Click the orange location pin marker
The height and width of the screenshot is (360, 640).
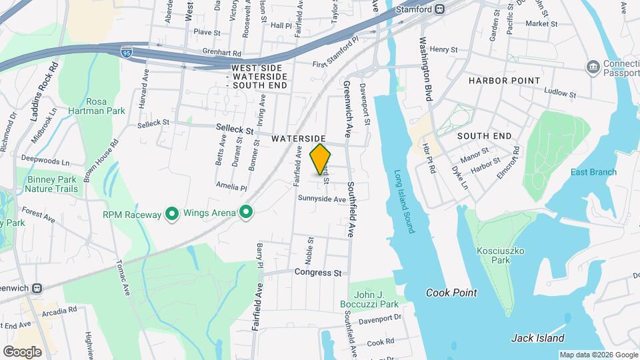tap(321, 159)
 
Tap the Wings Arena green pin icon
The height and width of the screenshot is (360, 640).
tap(247, 213)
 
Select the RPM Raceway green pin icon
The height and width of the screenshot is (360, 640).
tap(172, 214)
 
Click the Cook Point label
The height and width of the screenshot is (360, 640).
tap(451, 293)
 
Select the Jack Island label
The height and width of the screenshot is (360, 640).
tap(537, 338)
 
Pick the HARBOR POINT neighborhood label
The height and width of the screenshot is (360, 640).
tap(504, 81)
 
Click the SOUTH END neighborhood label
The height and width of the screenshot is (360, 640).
tap(484, 136)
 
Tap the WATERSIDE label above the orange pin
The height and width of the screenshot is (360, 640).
tap(299, 138)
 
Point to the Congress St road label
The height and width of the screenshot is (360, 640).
tap(318, 273)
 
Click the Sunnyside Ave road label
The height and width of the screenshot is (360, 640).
tap(322, 199)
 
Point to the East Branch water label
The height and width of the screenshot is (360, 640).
tap(593, 172)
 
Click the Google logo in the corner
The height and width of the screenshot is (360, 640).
tap(22, 351)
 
